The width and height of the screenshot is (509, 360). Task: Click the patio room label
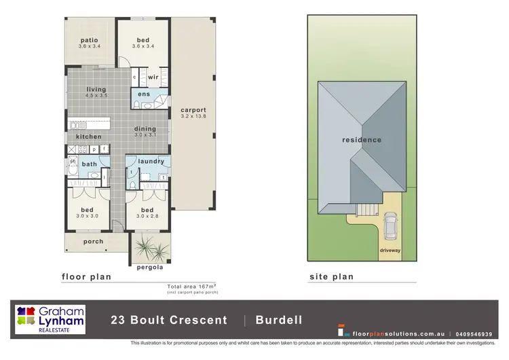90,40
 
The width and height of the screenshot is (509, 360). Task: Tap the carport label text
193,110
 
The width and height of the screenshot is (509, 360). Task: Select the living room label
97,89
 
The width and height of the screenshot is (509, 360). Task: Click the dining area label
145,129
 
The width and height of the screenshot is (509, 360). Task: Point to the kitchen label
89,137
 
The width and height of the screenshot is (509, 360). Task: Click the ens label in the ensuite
144,94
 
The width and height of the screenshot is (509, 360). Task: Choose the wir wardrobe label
153,77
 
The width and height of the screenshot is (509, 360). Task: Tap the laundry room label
151,161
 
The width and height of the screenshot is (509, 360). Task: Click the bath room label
90,164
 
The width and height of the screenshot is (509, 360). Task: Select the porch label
94,241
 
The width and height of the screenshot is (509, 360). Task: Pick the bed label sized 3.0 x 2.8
147,210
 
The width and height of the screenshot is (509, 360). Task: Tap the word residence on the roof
361,140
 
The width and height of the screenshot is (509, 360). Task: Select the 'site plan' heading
331,277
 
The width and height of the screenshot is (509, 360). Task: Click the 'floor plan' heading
86,277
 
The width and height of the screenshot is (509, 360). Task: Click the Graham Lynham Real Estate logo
52,319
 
